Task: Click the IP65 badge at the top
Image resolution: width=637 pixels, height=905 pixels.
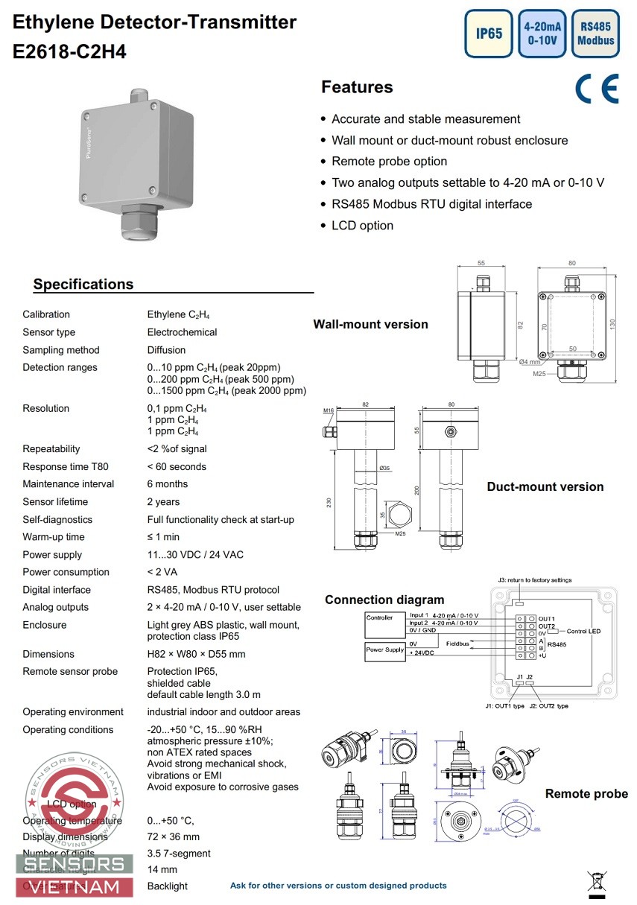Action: (x=489, y=34)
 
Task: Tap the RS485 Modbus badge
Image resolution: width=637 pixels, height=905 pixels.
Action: (x=596, y=34)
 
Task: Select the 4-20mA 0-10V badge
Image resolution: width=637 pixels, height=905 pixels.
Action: (x=542, y=34)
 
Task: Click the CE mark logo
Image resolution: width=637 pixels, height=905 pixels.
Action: (x=597, y=89)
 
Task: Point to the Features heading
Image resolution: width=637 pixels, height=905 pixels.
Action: (x=357, y=87)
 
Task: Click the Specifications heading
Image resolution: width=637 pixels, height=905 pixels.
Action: (x=83, y=284)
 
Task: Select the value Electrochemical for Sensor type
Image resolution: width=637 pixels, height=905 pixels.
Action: (x=182, y=332)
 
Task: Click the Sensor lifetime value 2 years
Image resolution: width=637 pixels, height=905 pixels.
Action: (x=163, y=502)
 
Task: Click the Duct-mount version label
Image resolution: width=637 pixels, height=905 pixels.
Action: (x=545, y=486)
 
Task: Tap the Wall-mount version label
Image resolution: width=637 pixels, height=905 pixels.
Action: (x=370, y=324)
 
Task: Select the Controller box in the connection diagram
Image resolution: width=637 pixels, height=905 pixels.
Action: (x=379, y=617)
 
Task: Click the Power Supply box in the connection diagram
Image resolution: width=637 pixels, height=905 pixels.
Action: (x=384, y=650)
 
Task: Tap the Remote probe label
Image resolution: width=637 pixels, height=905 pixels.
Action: (x=586, y=793)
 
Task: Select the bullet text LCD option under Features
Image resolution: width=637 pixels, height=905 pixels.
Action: (x=362, y=226)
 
